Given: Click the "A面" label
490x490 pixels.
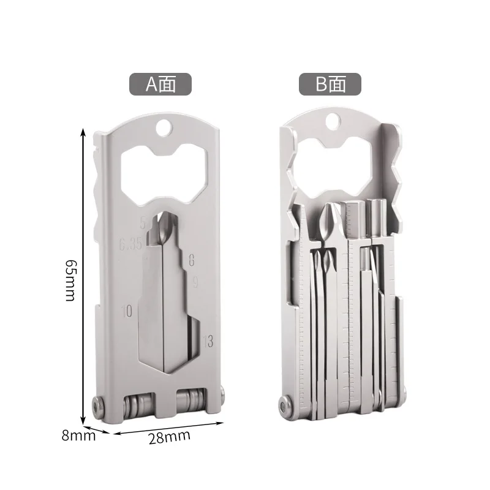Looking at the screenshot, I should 160,84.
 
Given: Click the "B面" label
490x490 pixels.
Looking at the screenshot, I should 330,84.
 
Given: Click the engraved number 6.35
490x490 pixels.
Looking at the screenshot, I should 130,244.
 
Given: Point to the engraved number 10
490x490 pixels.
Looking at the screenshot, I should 127,311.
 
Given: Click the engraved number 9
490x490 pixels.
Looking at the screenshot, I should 195,282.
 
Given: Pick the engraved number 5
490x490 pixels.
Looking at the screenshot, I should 143,222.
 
